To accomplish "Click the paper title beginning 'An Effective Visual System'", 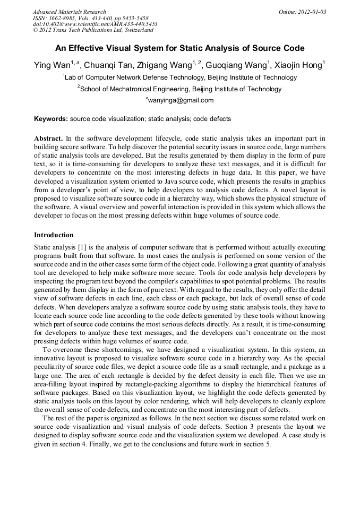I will coord(179,48).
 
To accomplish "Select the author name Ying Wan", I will coord(52,65).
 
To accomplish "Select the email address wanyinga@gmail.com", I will coord(181,100).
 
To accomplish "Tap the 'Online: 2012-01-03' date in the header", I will coord(302,12).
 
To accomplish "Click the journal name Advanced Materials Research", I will coord(69,12).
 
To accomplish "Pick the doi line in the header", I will coord(95,24).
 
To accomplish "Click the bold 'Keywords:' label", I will coord(51,119).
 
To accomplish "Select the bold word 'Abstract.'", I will coord(48,139).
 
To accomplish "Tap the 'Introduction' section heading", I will coord(54,235).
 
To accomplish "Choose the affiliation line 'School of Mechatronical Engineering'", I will coord(179,89).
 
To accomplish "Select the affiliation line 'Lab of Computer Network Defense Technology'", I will coord(179,77).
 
